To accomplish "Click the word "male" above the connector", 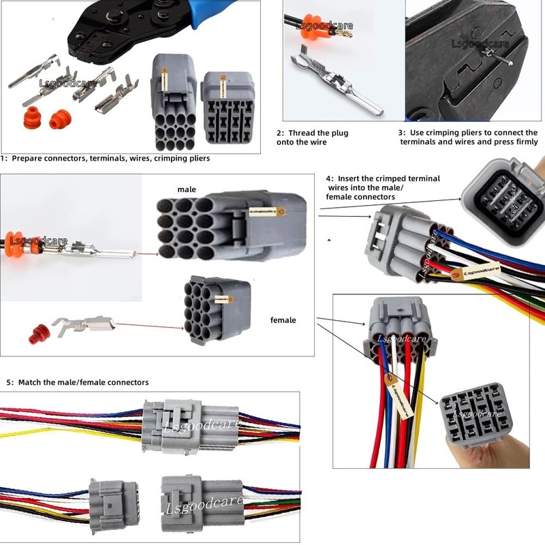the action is (187, 189).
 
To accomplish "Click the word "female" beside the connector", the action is (283, 320).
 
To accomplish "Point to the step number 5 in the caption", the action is (9, 382).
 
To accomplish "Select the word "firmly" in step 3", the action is (523, 142).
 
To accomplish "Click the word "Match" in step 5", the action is (31, 382).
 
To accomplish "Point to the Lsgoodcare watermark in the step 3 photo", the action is (480, 44).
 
